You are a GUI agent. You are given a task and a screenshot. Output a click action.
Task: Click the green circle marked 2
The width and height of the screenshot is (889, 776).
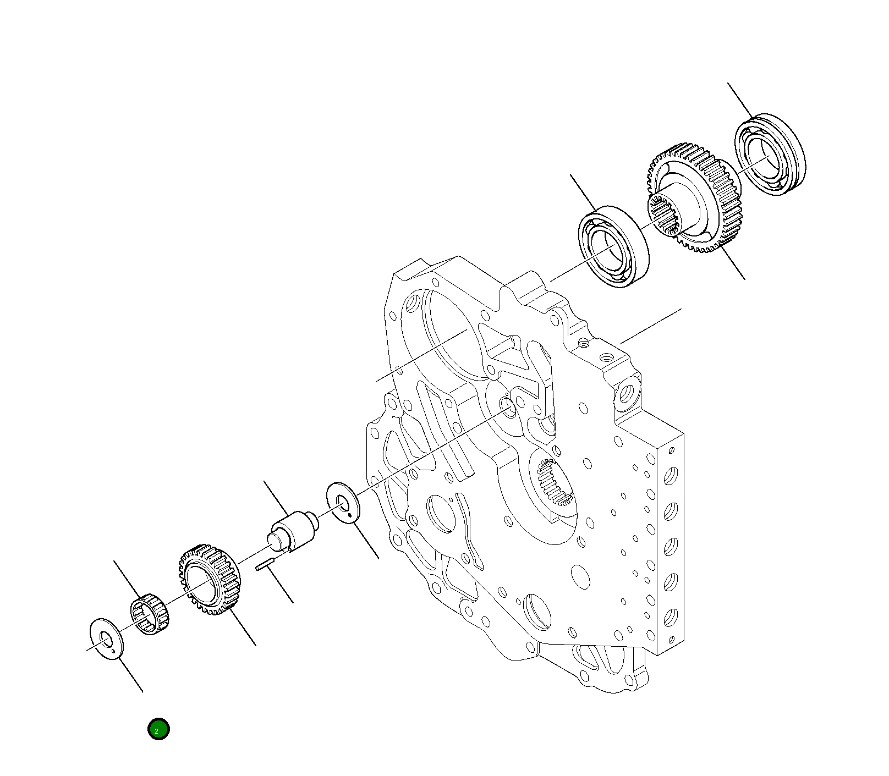[158, 729]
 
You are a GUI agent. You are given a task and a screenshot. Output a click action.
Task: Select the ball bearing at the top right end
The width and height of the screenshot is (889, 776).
[770, 155]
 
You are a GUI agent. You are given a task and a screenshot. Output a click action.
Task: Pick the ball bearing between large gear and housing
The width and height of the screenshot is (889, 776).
[613, 247]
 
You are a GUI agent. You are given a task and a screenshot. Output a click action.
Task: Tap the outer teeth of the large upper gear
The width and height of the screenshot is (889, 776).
[721, 176]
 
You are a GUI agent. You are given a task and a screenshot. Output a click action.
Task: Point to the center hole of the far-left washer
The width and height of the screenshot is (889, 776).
[105, 637]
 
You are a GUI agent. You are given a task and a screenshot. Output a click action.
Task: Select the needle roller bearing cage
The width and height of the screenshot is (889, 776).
[149, 614]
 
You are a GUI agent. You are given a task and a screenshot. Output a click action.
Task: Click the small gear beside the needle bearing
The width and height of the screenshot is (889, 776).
[209, 580]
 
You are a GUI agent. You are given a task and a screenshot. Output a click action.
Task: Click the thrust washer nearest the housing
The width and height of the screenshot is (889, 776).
[342, 502]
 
